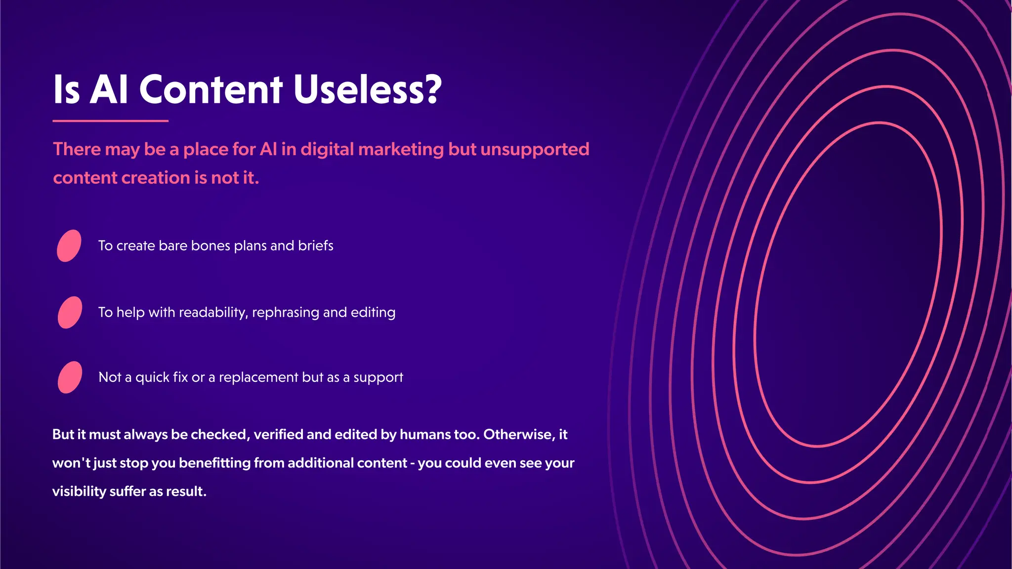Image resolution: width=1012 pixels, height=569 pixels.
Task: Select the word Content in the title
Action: coord(211,89)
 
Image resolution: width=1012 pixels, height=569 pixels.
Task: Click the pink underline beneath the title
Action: coord(110,121)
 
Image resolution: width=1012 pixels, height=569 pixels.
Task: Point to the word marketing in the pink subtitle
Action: coord(401,149)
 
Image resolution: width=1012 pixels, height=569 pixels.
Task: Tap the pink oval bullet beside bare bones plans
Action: coord(69,245)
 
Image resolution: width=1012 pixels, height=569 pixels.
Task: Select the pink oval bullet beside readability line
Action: coord(70,312)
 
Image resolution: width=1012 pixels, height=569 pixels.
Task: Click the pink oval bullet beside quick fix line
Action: coord(70,377)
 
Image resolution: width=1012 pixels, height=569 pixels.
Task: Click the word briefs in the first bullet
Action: coord(315,245)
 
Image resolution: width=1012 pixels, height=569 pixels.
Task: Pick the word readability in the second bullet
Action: coord(213,313)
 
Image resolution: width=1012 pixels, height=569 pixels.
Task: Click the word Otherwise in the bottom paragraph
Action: coord(518,435)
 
